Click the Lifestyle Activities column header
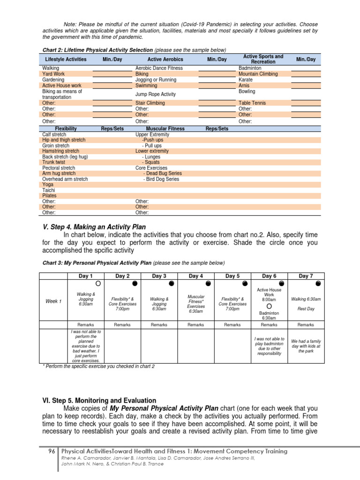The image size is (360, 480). point(66,60)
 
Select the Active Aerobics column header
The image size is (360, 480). point(165,60)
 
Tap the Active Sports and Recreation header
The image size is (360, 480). point(263,59)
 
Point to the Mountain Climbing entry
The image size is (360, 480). point(258,74)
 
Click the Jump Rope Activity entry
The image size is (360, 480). point(155,94)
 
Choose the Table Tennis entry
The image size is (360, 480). point(252,103)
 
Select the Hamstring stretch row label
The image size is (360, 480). point(61,151)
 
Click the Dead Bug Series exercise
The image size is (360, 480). point(164,173)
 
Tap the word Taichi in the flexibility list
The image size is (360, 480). point(49,190)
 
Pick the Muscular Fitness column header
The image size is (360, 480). point(165,128)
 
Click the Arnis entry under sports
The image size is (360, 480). point(244,86)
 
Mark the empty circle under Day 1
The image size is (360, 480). point(97,284)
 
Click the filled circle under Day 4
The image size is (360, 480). point(208,284)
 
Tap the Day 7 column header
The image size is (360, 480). point(305,276)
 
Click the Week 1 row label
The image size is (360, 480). point(53,301)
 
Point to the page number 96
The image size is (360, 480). point(52,451)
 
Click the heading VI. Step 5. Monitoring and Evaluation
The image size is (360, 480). point(99,400)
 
